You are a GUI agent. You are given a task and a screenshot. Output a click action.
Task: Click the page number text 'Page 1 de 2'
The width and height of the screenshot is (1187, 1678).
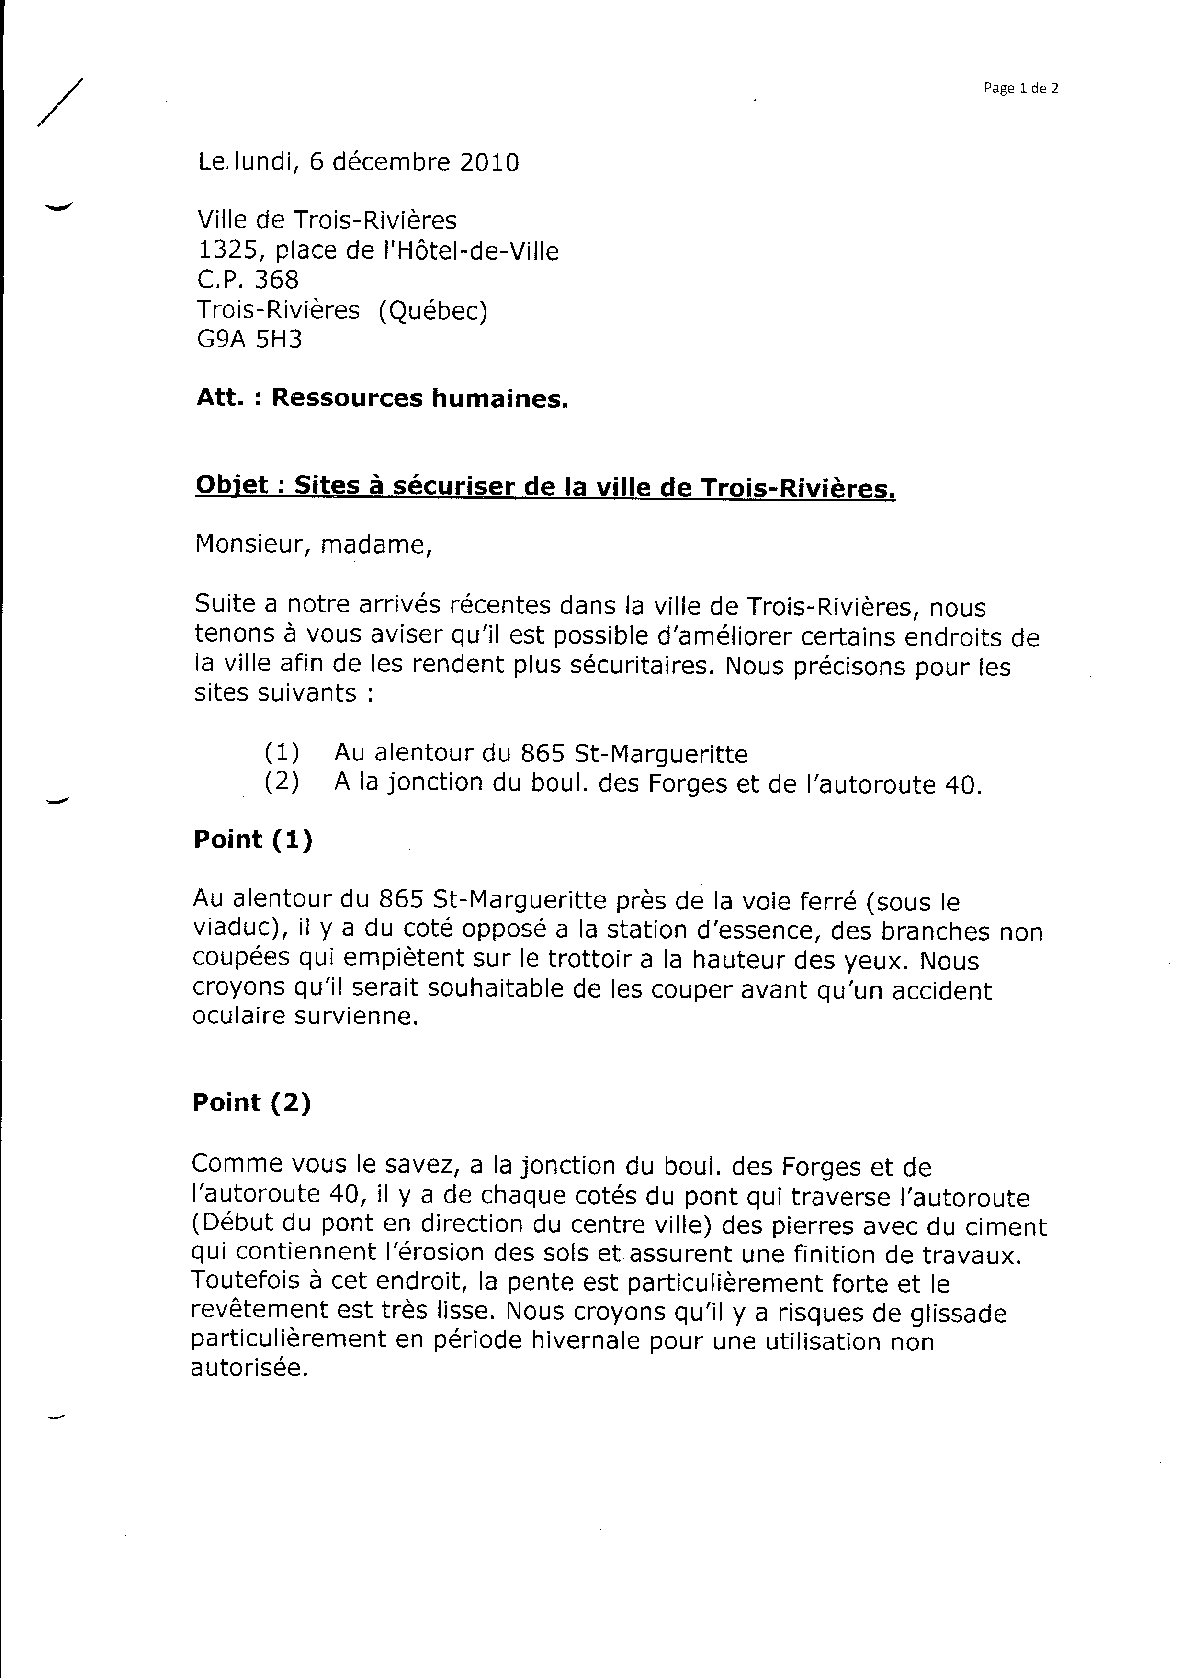[x=1020, y=89]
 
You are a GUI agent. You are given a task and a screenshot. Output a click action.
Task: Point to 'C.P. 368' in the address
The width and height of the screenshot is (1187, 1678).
[x=248, y=280]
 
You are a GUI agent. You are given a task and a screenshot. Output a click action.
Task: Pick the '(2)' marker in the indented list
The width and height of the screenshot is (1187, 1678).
[x=282, y=782]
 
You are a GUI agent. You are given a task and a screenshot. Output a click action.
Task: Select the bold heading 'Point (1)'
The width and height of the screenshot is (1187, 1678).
[x=253, y=840]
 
